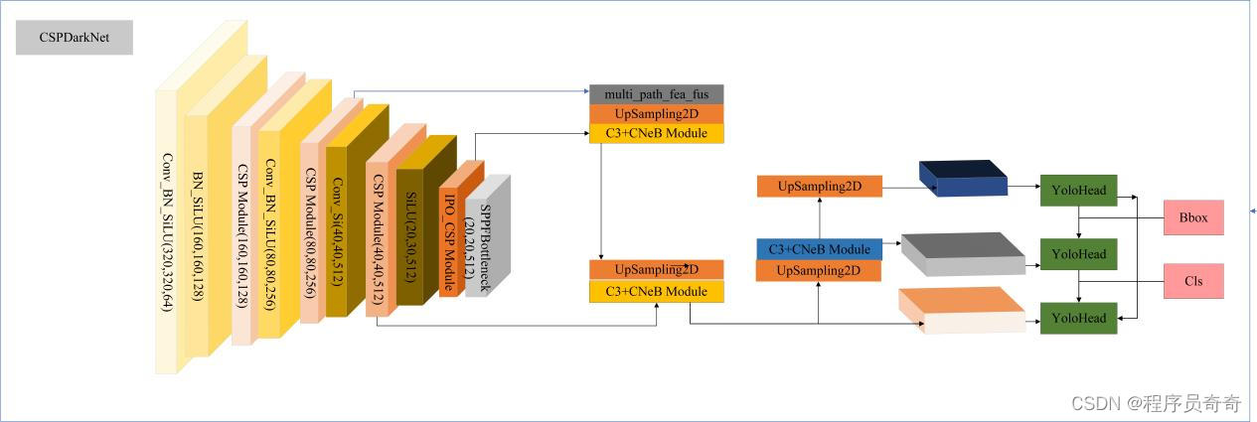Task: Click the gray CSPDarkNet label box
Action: tap(75, 39)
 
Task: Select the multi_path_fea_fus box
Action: tap(657, 94)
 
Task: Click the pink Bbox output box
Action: tap(1193, 217)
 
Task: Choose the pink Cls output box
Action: tap(1193, 281)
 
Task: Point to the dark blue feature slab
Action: tap(962, 179)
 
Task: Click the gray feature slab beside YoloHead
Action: tap(962, 254)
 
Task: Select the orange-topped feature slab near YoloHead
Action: tap(961, 309)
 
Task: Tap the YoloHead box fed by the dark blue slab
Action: tap(1079, 191)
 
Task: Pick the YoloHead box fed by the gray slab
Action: tap(1079, 254)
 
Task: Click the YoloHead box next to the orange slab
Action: tap(1079, 319)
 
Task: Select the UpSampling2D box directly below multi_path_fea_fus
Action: tap(657, 113)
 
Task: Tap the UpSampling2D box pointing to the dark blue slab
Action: tap(819, 186)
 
